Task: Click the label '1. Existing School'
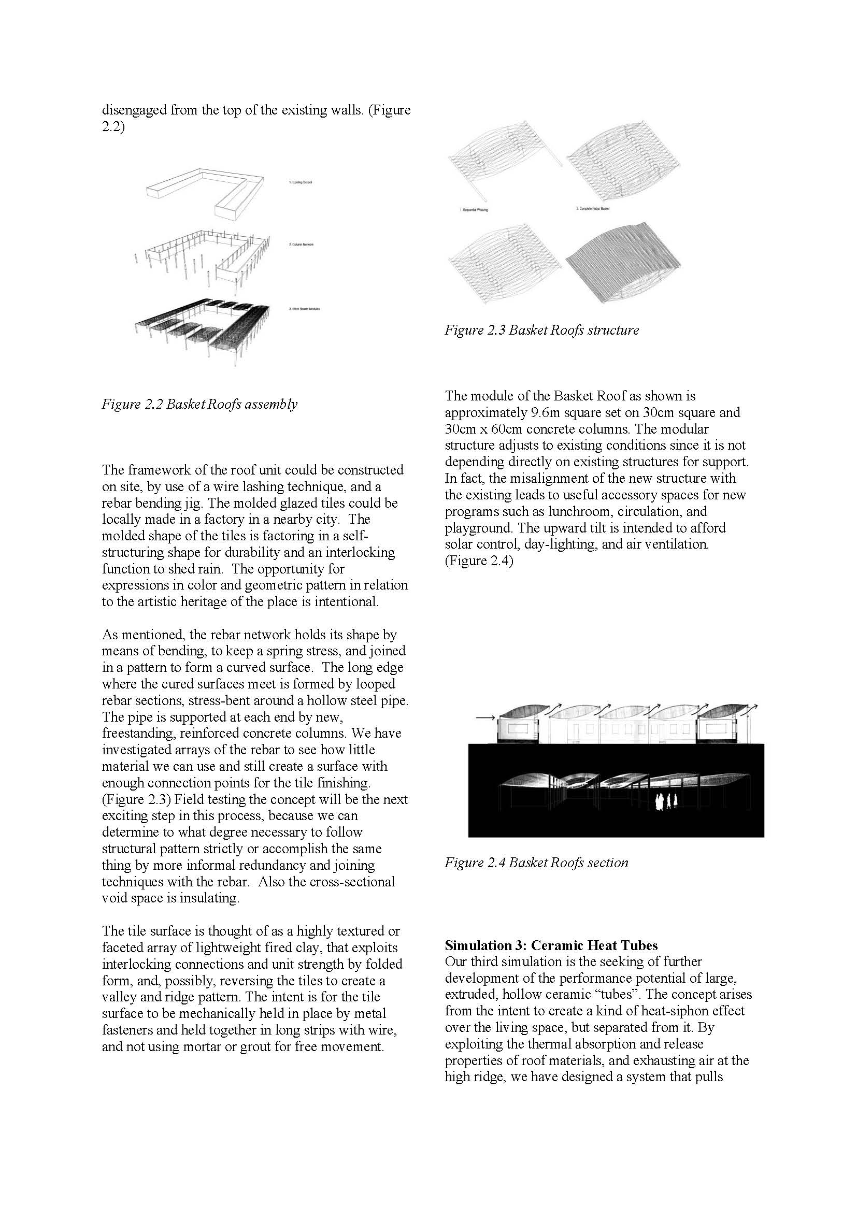click(x=301, y=182)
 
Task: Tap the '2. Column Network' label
click(x=301, y=245)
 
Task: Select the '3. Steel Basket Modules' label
click(x=305, y=309)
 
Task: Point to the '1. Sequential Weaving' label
click(x=475, y=210)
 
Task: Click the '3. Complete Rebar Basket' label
click(x=593, y=208)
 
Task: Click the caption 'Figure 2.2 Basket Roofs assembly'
click(x=199, y=404)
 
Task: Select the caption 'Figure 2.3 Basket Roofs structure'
click(x=541, y=331)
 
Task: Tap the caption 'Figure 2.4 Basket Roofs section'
click(x=536, y=863)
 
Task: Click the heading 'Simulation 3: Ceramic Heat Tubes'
click(x=551, y=945)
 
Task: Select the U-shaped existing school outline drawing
click(x=204, y=193)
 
